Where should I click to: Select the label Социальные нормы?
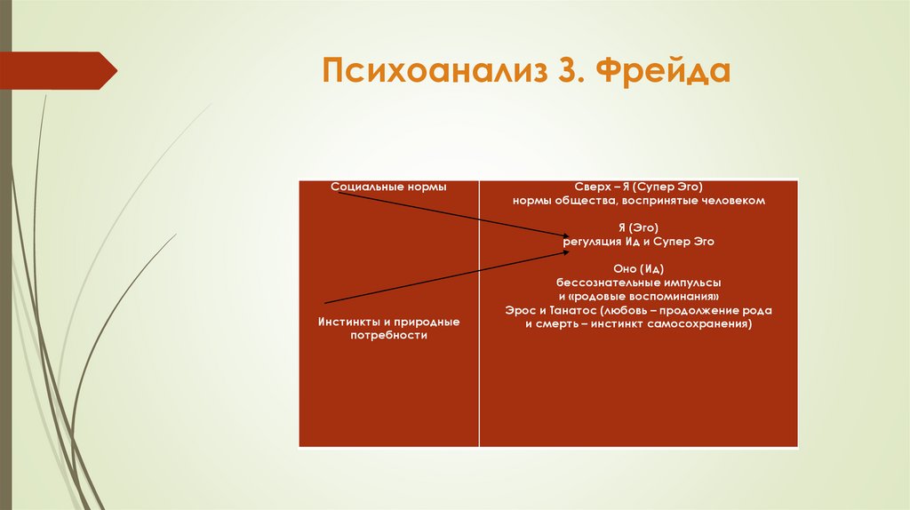[x=388, y=187]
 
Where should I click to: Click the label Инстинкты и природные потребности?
[x=388, y=327]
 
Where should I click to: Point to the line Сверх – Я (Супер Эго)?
[x=638, y=187]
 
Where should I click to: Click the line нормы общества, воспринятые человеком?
[x=638, y=201]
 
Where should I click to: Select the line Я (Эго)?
[x=638, y=227]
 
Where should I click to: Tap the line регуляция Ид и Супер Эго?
[x=638, y=241]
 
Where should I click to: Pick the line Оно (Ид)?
[x=638, y=268]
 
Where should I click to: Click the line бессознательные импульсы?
[x=638, y=282]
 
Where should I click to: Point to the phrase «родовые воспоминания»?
[x=644, y=295]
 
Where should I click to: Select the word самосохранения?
[x=703, y=324]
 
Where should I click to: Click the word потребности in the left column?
[x=388, y=336]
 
